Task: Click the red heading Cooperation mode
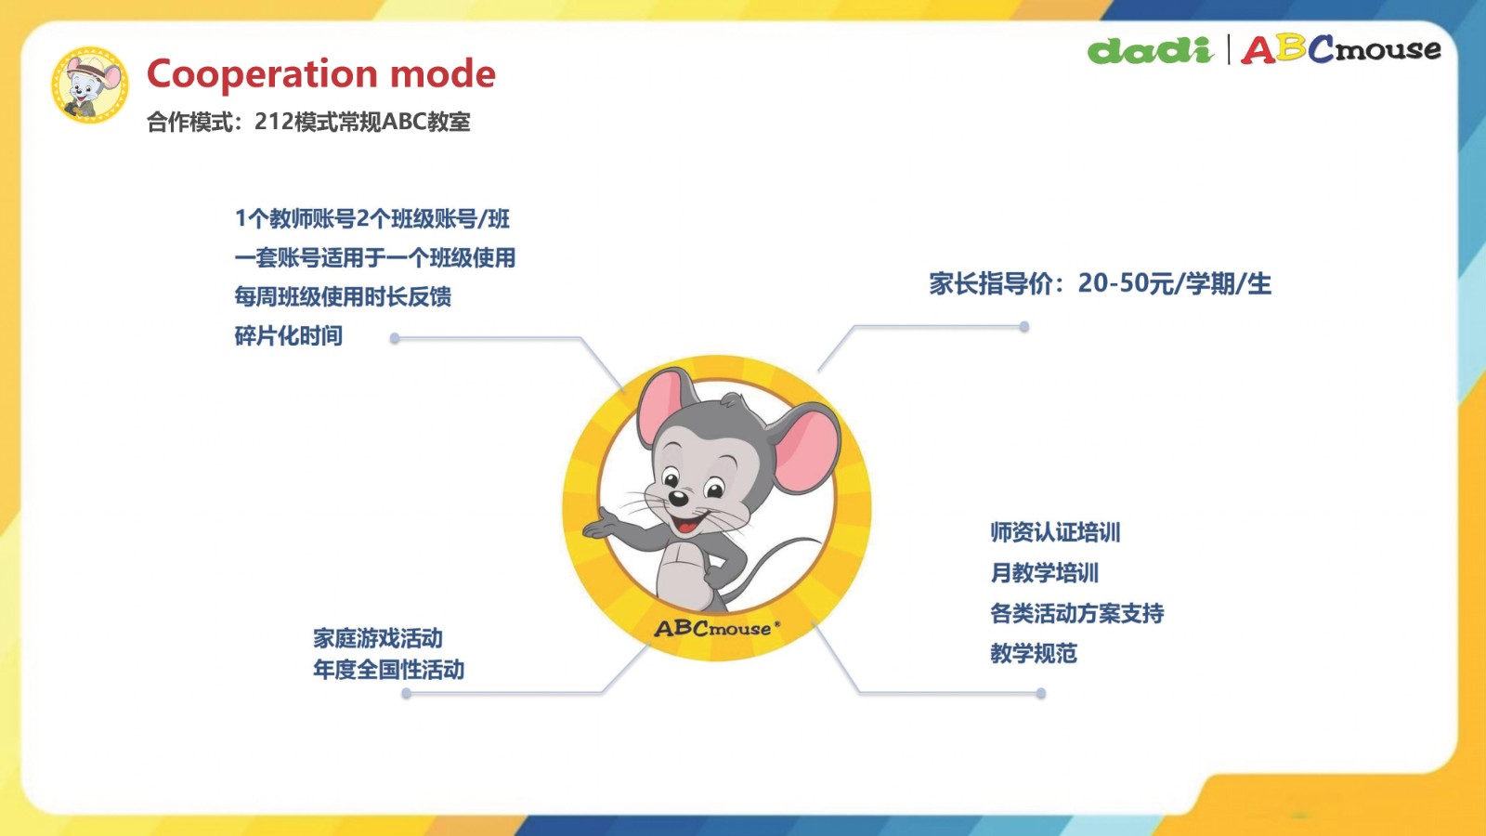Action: [321, 73]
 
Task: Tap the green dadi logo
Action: [1151, 50]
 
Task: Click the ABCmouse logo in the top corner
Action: [1341, 49]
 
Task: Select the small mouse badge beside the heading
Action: [89, 85]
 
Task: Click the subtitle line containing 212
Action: [308, 122]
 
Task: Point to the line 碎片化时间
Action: [289, 335]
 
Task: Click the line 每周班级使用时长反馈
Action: [343, 296]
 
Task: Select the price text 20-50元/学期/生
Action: [1175, 283]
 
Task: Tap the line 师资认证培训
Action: [1055, 532]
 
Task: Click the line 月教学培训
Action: [1044, 572]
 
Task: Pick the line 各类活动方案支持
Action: [1076, 613]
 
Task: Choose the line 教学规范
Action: [1034, 654]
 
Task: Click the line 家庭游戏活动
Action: [377, 638]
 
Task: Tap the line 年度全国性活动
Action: [389, 670]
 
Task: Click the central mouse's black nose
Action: [677, 498]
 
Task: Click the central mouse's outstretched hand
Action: [601, 524]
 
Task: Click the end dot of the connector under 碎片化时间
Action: [395, 338]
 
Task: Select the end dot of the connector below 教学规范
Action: [1041, 693]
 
